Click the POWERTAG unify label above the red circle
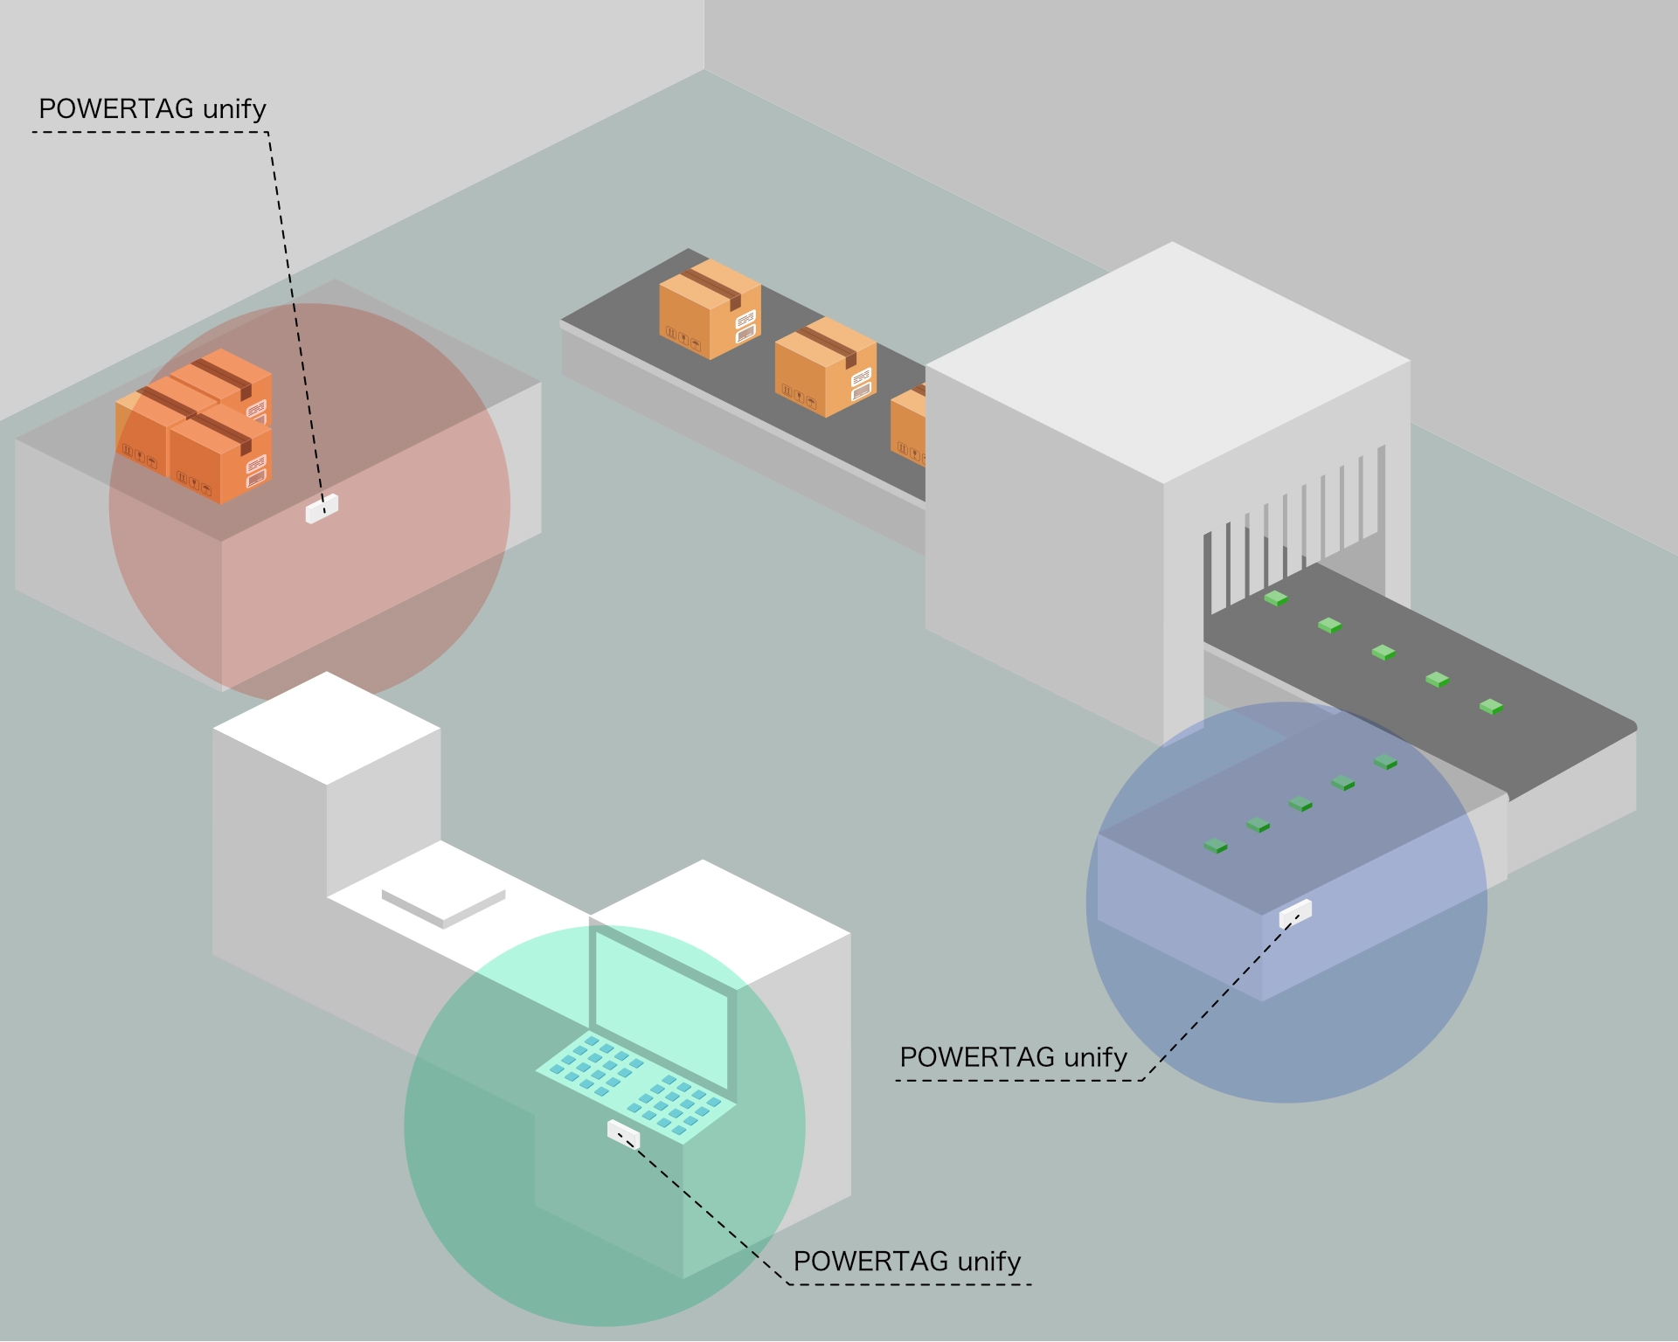(152, 109)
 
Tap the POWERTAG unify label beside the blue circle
(1013, 1057)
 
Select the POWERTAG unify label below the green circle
(906, 1262)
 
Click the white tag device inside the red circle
(322, 508)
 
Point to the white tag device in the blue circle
(1295, 913)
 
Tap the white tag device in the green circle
(623, 1135)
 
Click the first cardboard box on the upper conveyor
(710, 308)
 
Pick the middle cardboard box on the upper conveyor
(825, 367)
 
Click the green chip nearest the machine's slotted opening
(1276, 598)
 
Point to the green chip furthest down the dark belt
(1491, 706)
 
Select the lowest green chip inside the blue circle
(1216, 846)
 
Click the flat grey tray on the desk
(443, 906)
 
